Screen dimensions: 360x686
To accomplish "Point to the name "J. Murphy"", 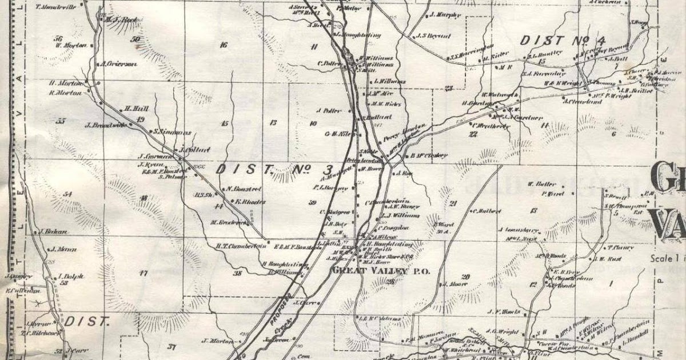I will (444, 15).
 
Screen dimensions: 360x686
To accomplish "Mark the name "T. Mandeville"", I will (57, 7).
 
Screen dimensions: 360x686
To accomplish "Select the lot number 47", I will (142, 274).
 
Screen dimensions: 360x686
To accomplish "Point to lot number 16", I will (223, 45).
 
